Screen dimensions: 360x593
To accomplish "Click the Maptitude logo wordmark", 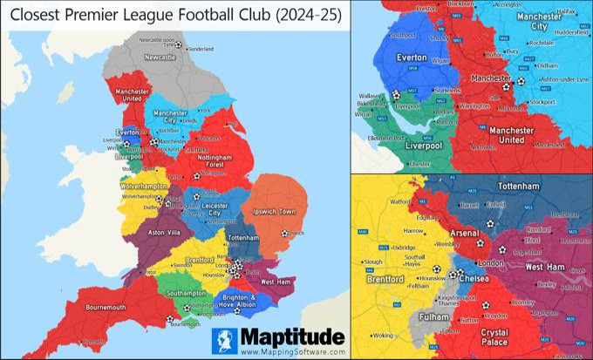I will (292, 336).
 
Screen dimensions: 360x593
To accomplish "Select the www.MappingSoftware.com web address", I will (292, 352).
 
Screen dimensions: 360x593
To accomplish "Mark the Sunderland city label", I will (201, 48).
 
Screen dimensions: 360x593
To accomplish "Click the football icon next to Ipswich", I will (285, 233).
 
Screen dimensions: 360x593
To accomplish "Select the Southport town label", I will (405, 36).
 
